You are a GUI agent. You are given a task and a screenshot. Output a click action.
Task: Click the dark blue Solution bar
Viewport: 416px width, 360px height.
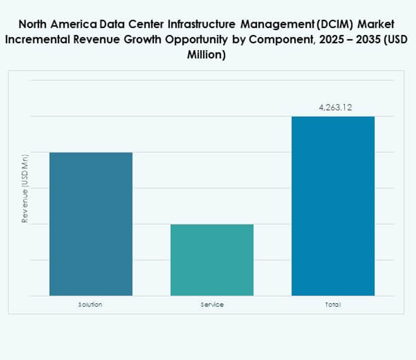pos(91,224)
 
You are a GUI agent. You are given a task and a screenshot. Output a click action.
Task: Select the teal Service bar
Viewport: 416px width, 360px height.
pos(212,260)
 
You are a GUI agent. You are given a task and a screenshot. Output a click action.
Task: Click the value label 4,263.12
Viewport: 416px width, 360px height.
pos(335,107)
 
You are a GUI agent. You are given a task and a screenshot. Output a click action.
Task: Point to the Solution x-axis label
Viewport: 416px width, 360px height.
pos(90,304)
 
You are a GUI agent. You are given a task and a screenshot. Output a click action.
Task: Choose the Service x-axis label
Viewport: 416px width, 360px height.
pos(212,304)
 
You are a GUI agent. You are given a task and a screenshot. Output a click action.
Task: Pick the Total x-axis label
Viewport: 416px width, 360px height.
pos(333,304)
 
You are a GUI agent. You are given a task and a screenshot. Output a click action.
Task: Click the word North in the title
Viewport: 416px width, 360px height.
pos(34,25)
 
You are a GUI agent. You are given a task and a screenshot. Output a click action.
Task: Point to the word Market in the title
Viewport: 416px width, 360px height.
pos(377,25)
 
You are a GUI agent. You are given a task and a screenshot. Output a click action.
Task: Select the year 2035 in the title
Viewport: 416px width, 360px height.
pos(359,40)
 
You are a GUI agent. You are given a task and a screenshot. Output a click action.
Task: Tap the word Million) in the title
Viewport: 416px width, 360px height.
pos(207,55)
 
